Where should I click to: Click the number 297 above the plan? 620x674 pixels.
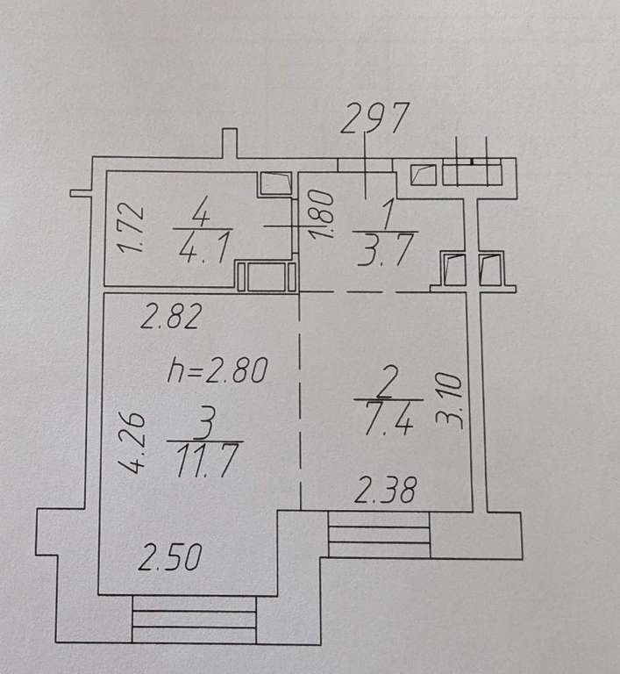coord(374,118)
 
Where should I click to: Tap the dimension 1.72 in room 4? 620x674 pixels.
coord(131,227)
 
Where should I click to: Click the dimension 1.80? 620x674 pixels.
coord(322,214)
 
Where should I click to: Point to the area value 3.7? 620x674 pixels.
coord(387,250)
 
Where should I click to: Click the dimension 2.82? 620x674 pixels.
coord(171,316)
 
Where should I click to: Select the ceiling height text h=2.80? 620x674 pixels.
coord(217,369)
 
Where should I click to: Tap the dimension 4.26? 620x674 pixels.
coord(132,442)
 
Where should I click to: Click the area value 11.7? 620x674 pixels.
coord(206,461)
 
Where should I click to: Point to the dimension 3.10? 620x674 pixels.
coord(449,401)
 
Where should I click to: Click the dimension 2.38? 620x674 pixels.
coord(385,490)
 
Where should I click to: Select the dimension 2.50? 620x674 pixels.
coord(170,557)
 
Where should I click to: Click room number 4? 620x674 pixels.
coord(201,212)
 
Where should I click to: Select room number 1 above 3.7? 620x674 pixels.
coord(388,216)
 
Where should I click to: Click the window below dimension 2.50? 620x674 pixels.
coord(195,619)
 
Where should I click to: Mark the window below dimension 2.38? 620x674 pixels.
coord(379,534)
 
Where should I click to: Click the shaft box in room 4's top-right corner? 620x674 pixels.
coord(276,183)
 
